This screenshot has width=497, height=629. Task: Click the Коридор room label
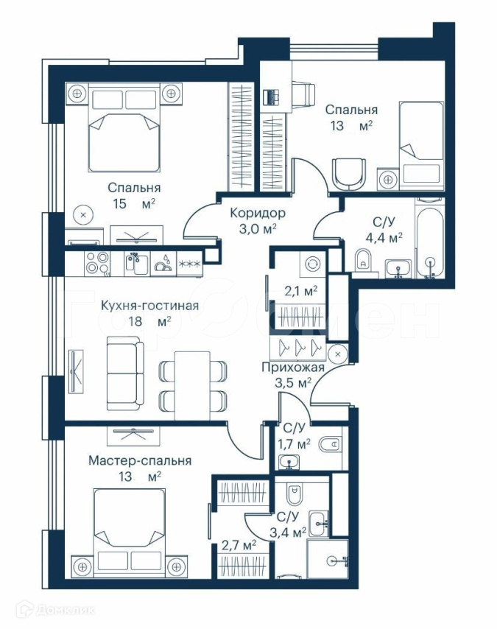point(258,213)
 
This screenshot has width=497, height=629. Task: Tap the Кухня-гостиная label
point(149,306)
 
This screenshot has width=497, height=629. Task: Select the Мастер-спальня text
point(140,460)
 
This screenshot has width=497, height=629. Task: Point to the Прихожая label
point(293,367)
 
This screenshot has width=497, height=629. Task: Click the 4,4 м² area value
point(384,238)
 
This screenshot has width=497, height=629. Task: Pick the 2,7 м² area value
point(239,546)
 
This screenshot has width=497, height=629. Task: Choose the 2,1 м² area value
point(301,291)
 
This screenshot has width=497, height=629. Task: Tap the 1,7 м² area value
point(294,443)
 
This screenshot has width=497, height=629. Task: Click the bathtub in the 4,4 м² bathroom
point(430,242)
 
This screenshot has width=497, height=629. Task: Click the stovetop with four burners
point(97,263)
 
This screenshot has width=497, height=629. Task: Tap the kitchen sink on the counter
point(137,263)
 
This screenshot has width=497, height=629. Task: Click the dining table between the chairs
point(192,385)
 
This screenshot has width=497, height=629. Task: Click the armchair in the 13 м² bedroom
point(349,174)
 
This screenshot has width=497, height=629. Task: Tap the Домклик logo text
point(66,611)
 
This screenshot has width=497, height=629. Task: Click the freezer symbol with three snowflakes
point(190,264)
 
